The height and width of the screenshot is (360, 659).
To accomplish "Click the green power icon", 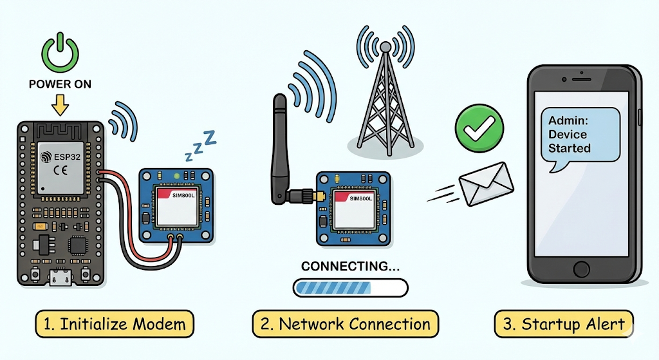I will [60, 52].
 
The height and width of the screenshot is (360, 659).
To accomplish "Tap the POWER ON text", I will [60, 84].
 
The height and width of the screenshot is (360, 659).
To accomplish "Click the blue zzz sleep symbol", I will [200, 146].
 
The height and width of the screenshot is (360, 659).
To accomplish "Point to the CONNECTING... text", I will [350, 266].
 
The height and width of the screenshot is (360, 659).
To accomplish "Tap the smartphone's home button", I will [582, 269].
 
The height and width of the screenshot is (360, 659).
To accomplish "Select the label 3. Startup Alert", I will [564, 324].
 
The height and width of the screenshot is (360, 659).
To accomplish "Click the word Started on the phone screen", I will [570, 148].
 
